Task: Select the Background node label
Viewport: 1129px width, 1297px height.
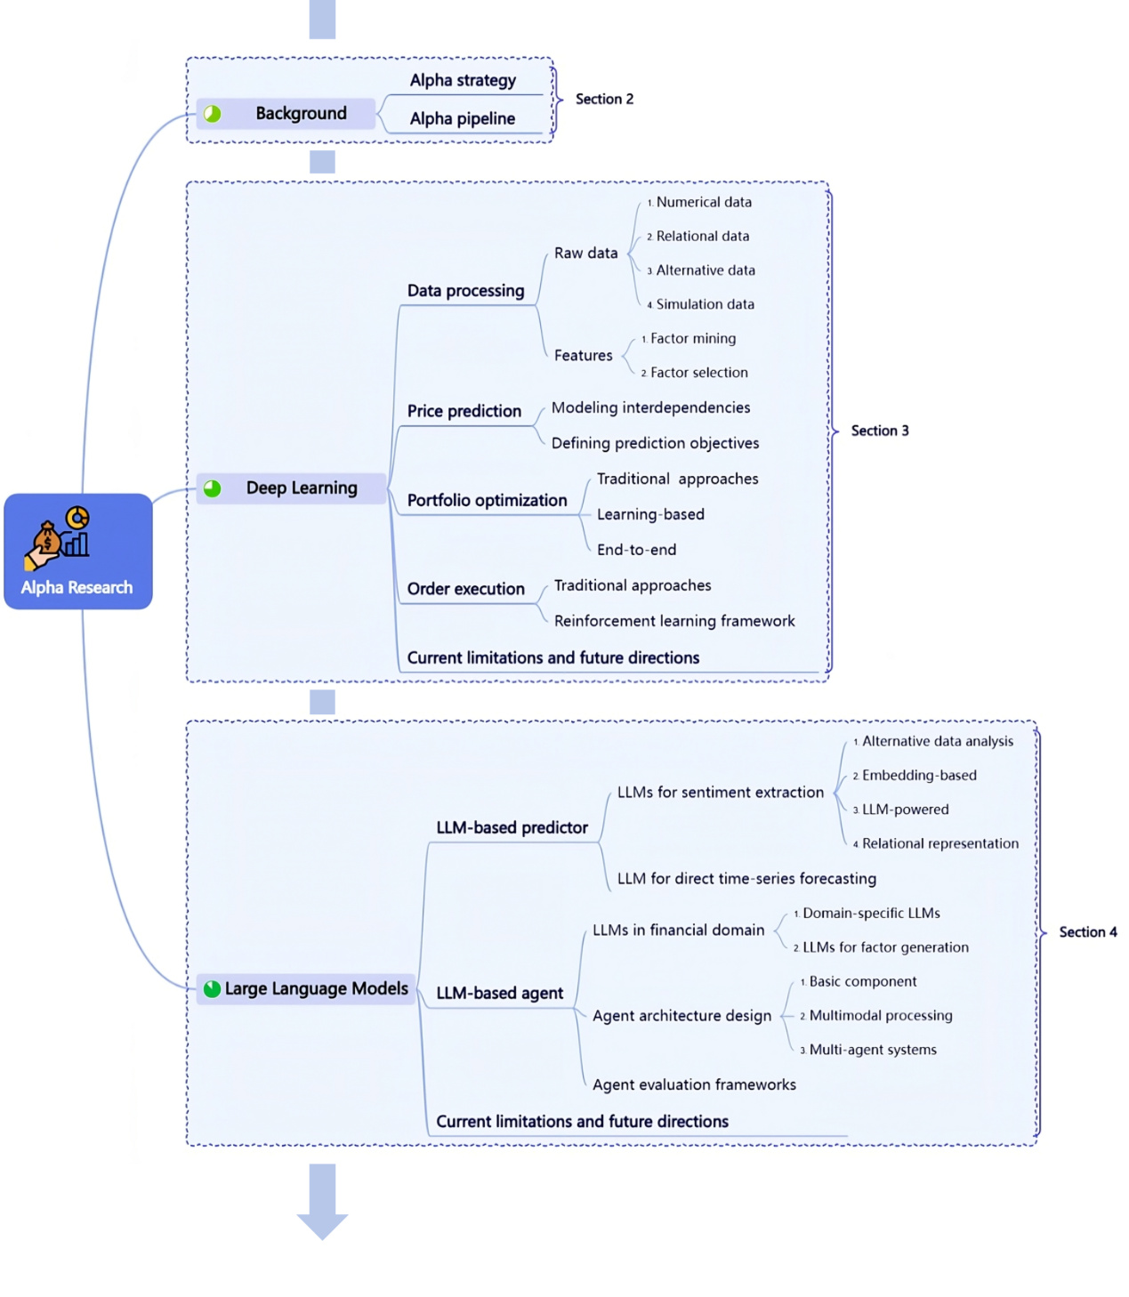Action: coord(301,113)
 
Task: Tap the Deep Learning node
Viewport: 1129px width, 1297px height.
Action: coord(301,487)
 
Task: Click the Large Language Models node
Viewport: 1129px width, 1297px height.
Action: coord(316,988)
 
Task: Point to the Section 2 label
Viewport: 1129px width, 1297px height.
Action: coord(604,99)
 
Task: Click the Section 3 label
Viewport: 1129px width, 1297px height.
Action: coord(879,431)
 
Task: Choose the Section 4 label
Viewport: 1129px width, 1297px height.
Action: coord(1087,931)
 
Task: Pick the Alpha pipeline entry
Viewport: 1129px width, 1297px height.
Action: coord(462,118)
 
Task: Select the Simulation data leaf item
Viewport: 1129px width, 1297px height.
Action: coord(705,304)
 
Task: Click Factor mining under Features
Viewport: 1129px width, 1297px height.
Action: coord(692,338)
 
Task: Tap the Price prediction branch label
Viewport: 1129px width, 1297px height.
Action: coord(464,411)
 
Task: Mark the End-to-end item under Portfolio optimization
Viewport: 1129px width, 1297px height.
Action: coord(636,550)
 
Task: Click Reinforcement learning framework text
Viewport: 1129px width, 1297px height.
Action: coord(673,621)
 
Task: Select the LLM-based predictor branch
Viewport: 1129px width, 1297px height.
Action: coord(512,827)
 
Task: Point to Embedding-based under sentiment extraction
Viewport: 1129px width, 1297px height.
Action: coord(918,775)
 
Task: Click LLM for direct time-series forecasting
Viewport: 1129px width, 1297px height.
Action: coord(746,879)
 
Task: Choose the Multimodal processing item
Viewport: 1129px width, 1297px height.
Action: coord(880,1015)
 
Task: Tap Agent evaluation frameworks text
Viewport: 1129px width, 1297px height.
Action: coord(694,1084)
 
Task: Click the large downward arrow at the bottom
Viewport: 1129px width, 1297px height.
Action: coord(322,1205)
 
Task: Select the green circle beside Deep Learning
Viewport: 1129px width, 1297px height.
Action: coord(213,487)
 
